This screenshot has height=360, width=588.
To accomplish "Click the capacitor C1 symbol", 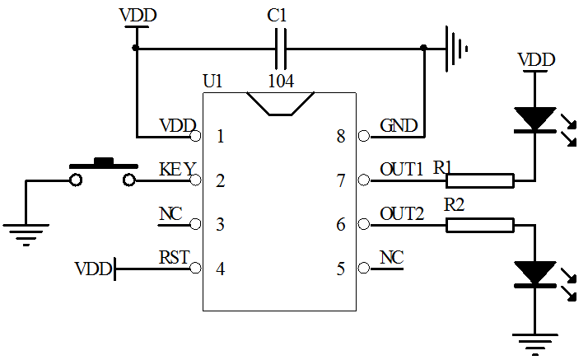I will coord(281,48).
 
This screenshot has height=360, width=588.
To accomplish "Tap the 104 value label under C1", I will coord(281,81).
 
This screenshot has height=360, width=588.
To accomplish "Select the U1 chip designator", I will coord(212,81).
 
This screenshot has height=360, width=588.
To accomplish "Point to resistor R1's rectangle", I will coord(480,180).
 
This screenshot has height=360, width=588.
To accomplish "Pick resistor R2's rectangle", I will coord(480,225).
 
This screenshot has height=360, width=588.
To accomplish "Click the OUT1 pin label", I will coord(402,169).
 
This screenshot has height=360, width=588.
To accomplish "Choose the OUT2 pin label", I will coord(402,214).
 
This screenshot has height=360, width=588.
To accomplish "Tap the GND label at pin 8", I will coord(399,126).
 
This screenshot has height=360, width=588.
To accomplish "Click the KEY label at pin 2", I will coord(177,170).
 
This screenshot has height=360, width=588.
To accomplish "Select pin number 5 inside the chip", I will coord(340,269).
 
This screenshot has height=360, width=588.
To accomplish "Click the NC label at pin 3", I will coord(170,214).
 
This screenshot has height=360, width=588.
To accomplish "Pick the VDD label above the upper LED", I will coord(535,60).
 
